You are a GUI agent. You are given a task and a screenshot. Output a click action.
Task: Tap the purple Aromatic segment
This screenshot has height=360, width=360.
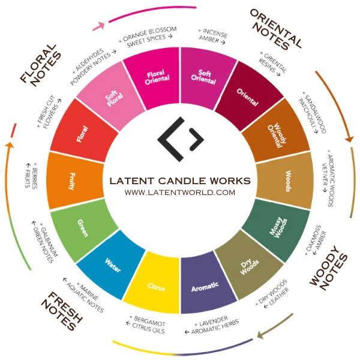205,284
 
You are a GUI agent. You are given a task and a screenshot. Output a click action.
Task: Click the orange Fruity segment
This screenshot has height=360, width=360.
73,181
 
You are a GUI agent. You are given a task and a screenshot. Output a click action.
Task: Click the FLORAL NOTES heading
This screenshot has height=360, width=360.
41,65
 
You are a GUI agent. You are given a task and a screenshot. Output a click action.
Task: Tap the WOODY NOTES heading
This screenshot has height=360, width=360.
329,268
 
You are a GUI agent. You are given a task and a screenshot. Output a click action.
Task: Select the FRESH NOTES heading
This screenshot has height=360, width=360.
62,311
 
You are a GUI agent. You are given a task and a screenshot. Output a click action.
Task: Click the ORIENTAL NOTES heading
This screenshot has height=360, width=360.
275,29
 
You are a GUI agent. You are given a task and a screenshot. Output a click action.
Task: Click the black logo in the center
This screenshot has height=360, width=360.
181,139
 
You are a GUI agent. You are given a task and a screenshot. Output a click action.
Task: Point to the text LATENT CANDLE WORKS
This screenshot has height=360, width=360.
180,181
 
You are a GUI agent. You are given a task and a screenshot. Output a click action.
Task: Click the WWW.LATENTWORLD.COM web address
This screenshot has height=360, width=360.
180,193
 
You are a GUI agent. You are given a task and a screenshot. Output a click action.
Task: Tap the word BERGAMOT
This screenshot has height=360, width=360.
149,321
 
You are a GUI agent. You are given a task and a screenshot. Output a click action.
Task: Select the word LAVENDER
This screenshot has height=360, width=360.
214,321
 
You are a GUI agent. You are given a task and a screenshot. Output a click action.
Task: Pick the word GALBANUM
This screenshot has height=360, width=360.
49,239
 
